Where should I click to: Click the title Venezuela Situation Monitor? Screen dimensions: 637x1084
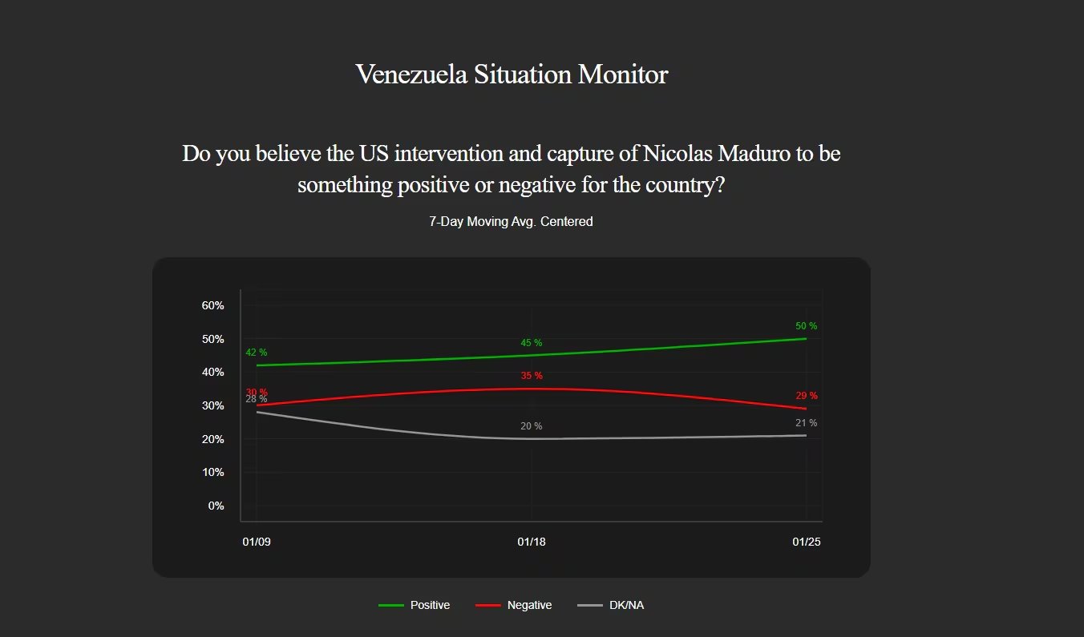512,75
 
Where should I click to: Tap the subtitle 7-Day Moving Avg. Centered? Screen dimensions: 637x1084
511,222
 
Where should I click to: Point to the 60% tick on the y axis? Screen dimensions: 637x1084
212,305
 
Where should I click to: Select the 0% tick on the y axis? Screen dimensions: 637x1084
216,506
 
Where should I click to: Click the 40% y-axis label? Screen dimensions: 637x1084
212,372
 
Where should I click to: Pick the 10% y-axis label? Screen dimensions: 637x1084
212,472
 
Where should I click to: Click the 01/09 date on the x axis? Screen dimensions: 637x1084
257,542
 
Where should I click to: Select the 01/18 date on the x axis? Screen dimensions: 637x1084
532,542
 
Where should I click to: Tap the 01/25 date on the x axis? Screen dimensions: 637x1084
806,542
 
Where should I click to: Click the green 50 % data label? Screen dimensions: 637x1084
806,326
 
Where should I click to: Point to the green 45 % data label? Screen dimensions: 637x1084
532,343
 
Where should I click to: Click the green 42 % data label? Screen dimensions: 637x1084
257,353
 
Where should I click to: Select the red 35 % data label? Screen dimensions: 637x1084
532,376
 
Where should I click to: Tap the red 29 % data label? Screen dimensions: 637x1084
807,396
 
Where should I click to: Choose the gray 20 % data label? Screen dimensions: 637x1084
532,426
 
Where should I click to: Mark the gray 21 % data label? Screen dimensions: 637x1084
807,423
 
